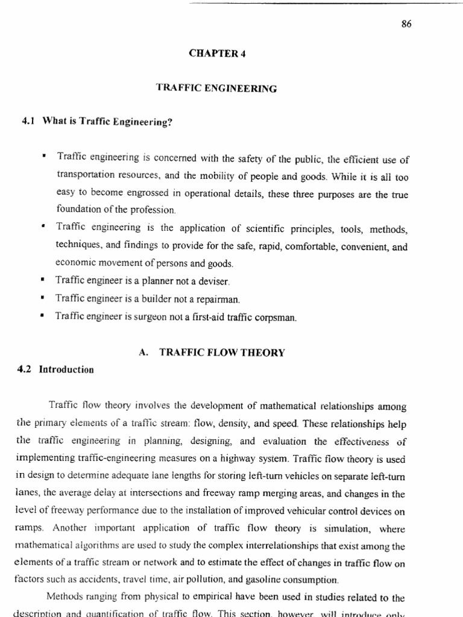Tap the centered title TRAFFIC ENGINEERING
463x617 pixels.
tap(216, 88)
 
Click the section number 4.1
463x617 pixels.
tap(30, 122)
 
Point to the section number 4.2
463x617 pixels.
tap(29, 369)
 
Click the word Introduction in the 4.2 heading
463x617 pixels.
tap(66, 369)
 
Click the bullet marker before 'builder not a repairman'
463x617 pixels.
tap(43, 298)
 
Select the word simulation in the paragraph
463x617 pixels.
tap(368, 530)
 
